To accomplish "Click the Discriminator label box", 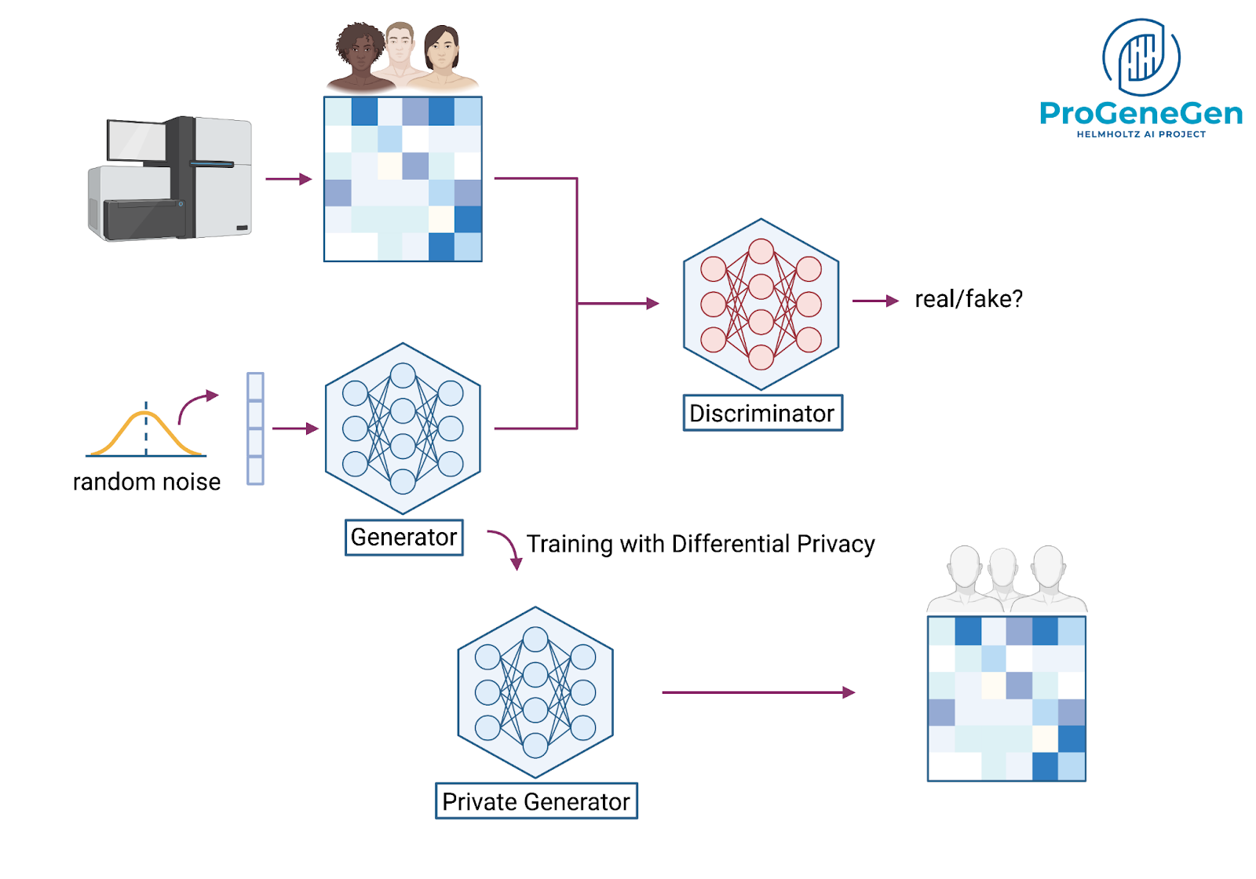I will [762, 413].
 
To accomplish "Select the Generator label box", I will [403, 538].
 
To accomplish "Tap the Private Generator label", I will [536, 801].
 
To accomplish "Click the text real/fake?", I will [969, 299].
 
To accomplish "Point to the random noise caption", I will [147, 482].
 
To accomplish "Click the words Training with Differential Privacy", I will [700, 544].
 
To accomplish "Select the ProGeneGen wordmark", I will [1141, 114].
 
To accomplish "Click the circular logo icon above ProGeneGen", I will [1141, 57].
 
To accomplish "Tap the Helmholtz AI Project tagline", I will [1141, 134].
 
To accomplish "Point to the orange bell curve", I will [146, 432].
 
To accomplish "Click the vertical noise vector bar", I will [255, 429].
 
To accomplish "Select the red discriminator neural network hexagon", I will [761, 305].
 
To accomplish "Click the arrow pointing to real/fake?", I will [875, 301].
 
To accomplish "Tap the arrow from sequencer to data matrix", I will [288, 179].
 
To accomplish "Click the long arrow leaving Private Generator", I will [758, 692].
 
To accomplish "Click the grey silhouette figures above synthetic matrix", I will [1006, 579].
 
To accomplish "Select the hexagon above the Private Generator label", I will [535, 692].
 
